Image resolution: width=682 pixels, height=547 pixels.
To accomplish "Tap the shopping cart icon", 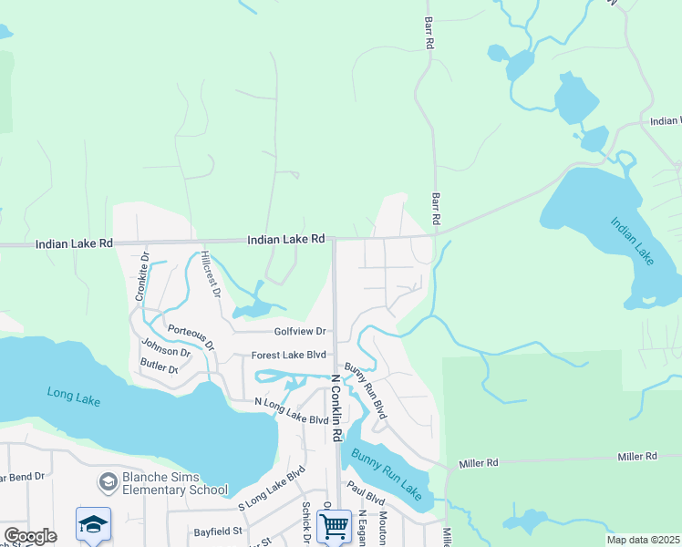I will pyautogui.click(x=335, y=525).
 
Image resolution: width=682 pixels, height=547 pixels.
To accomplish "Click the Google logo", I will pyautogui.click(x=30, y=536).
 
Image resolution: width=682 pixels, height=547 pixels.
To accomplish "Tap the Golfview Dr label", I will pyautogui.click(x=300, y=332).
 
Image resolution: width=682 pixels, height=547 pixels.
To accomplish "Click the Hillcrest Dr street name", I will pyautogui.click(x=211, y=273).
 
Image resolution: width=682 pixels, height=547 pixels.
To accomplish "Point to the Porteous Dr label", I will pyautogui.click(x=191, y=334).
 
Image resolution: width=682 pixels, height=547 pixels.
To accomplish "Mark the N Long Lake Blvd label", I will pyautogui.click(x=291, y=411).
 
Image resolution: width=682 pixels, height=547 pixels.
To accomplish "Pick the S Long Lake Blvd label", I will pyautogui.click(x=271, y=489).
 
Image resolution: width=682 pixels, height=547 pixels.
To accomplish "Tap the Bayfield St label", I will pyautogui.click(x=217, y=530).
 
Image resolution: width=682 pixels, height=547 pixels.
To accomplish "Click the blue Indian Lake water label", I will pyautogui.click(x=632, y=241).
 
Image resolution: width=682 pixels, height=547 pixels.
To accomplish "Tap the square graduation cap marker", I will pyautogui.click(x=93, y=525).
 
